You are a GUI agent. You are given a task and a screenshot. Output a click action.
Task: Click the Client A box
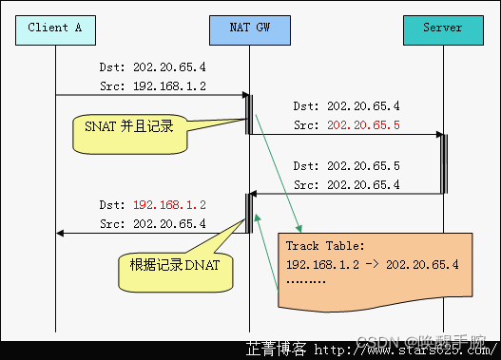coord(55,28)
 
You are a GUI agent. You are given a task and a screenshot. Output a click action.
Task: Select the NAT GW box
coord(249,28)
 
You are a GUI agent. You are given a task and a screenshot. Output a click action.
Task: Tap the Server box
coord(442,28)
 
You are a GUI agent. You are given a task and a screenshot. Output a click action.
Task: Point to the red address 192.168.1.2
coord(169,204)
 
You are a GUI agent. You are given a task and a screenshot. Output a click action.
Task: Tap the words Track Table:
coord(324,246)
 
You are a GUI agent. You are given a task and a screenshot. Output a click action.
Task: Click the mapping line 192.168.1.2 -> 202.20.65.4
coord(372,263)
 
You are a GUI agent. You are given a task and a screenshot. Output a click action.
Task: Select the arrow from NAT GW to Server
coord(346,135)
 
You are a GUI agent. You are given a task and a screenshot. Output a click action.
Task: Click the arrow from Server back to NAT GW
coord(346,194)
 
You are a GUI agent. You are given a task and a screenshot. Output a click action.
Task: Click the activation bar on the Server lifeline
coord(443,163)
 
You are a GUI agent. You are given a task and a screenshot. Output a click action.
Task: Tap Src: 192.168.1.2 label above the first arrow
coord(152,85)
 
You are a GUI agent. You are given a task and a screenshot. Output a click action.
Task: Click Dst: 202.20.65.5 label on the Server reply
coord(346,165)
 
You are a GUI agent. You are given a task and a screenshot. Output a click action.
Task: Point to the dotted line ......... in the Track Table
coord(306,281)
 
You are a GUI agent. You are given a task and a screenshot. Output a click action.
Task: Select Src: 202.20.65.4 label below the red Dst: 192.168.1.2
coord(152,223)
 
